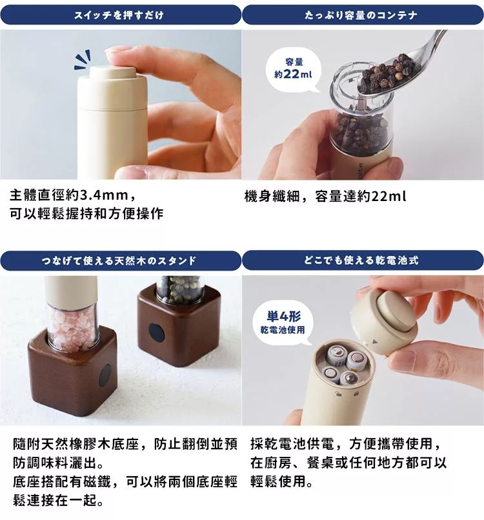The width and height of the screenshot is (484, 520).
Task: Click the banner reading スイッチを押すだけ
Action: tap(120, 14)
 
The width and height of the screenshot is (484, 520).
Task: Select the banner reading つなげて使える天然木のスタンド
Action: tap(120, 261)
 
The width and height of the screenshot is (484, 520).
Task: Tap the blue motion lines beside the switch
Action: tap(83, 61)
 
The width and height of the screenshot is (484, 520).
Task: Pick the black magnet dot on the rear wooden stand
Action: tap(156, 332)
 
